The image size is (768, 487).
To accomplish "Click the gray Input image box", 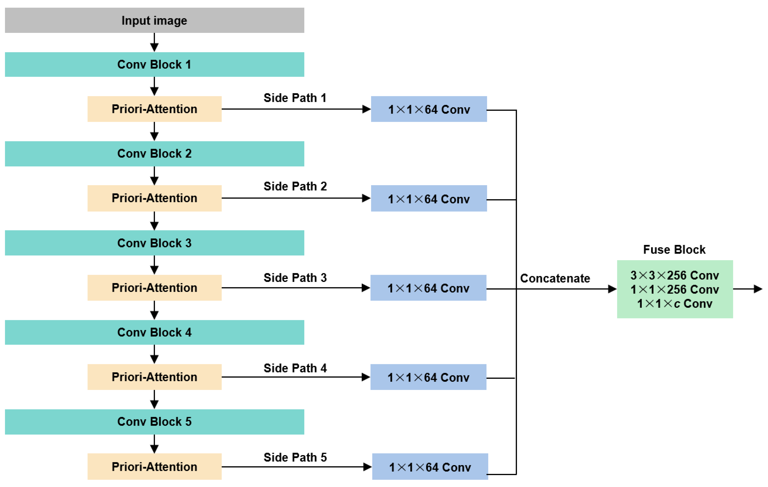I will [154, 20].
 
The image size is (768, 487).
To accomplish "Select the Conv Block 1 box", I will [154, 65].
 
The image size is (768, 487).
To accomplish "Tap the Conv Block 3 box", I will [154, 243].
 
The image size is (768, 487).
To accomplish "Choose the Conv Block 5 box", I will [154, 422].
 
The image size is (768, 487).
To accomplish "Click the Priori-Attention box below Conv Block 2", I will [154, 198].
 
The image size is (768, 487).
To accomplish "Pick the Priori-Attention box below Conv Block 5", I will [154, 467].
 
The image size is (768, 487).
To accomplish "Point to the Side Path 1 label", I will [295, 98].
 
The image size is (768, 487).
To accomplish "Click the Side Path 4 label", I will [295, 368].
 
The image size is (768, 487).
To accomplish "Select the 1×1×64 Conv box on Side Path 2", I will [429, 199].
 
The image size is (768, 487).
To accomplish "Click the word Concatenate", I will [555, 278].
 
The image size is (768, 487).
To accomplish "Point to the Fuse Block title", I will [674, 249].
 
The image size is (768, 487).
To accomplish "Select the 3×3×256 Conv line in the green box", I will [675, 275].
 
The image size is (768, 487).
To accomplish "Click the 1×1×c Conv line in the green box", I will [675, 303].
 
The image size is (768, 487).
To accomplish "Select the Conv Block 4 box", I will [154, 333].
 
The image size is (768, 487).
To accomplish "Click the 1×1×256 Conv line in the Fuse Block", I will [675, 289].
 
